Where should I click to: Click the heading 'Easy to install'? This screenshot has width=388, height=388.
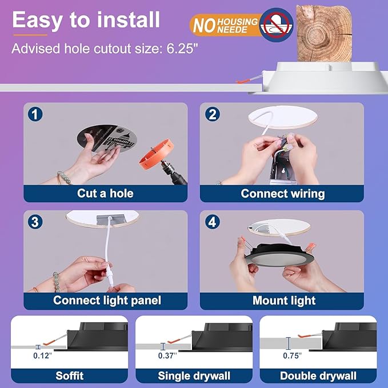86,20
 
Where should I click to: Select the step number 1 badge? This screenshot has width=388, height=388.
36,114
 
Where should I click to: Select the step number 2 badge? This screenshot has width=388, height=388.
213,114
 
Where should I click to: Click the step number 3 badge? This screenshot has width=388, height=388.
36,222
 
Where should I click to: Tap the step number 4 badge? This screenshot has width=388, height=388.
213,222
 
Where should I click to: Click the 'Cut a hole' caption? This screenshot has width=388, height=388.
106,193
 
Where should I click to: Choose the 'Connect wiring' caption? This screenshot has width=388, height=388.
282,193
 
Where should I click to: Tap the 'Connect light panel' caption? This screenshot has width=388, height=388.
107,300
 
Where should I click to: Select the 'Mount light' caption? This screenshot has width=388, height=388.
283,300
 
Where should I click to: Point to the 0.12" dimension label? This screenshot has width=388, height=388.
42,355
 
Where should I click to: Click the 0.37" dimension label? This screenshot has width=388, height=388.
167,355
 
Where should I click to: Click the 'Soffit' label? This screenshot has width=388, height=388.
69,375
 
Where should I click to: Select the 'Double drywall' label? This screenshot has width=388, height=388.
318,375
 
